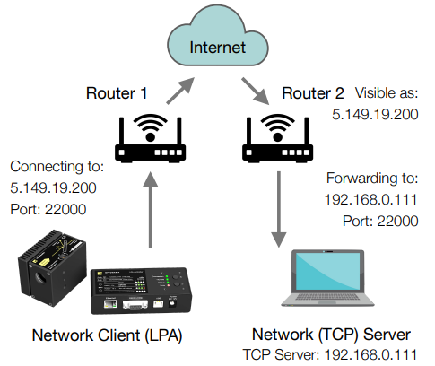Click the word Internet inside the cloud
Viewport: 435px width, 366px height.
pyautogui.click(x=217, y=48)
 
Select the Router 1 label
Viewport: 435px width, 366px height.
pyautogui.click(x=117, y=93)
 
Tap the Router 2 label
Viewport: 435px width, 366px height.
pyautogui.click(x=313, y=93)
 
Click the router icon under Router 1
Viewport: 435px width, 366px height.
pyautogui.click(x=151, y=138)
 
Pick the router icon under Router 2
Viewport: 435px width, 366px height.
pyautogui.click(x=278, y=138)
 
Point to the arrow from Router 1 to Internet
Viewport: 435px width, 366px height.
pyautogui.click(x=180, y=91)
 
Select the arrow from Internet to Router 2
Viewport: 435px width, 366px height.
pyautogui.click(x=256, y=91)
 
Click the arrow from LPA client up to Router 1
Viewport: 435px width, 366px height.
pyautogui.click(x=150, y=210)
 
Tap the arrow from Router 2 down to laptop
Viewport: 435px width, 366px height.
pyautogui.click(x=279, y=209)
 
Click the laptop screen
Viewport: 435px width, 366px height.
pyautogui.click(x=327, y=271)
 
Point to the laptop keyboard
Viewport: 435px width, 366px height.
pyautogui.click(x=326, y=297)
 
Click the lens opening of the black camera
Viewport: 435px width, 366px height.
pyautogui.click(x=40, y=277)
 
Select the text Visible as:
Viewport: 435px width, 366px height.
pyautogui.click(x=387, y=93)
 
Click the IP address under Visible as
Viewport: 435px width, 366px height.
pyautogui.click(x=375, y=115)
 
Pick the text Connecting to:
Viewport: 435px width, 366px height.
pyautogui.click(x=57, y=167)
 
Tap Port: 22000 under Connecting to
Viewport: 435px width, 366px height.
pyautogui.click(x=48, y=209)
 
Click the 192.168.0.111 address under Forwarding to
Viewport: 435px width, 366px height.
pyautogui.click(x=370, y=199)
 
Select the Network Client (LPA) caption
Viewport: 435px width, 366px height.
pyautogui.click(x=107, y=335)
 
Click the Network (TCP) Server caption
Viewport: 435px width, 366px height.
pyautogui.click(x=331, y=335)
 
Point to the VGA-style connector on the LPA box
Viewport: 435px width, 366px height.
pyautogui.click(x=135, y=305)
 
